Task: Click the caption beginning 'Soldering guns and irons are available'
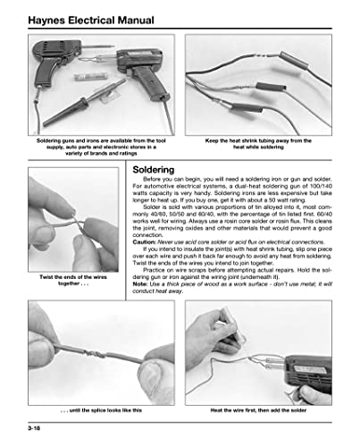click(x=91, y=147)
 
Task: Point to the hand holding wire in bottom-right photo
click(x=214, y=344)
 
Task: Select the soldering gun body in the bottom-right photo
click(x=317, y=362)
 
